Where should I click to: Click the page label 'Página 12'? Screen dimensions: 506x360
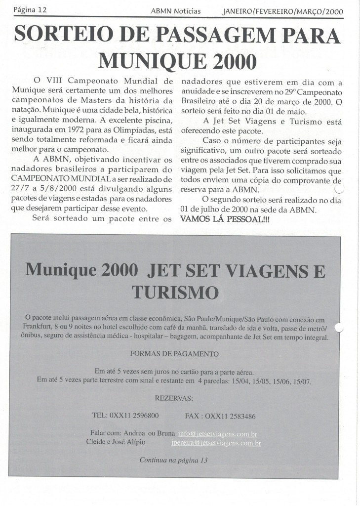click(30, 10)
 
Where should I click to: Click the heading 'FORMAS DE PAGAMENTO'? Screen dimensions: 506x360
click(175, 354)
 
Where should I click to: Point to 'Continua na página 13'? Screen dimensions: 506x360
click(174, 460)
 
